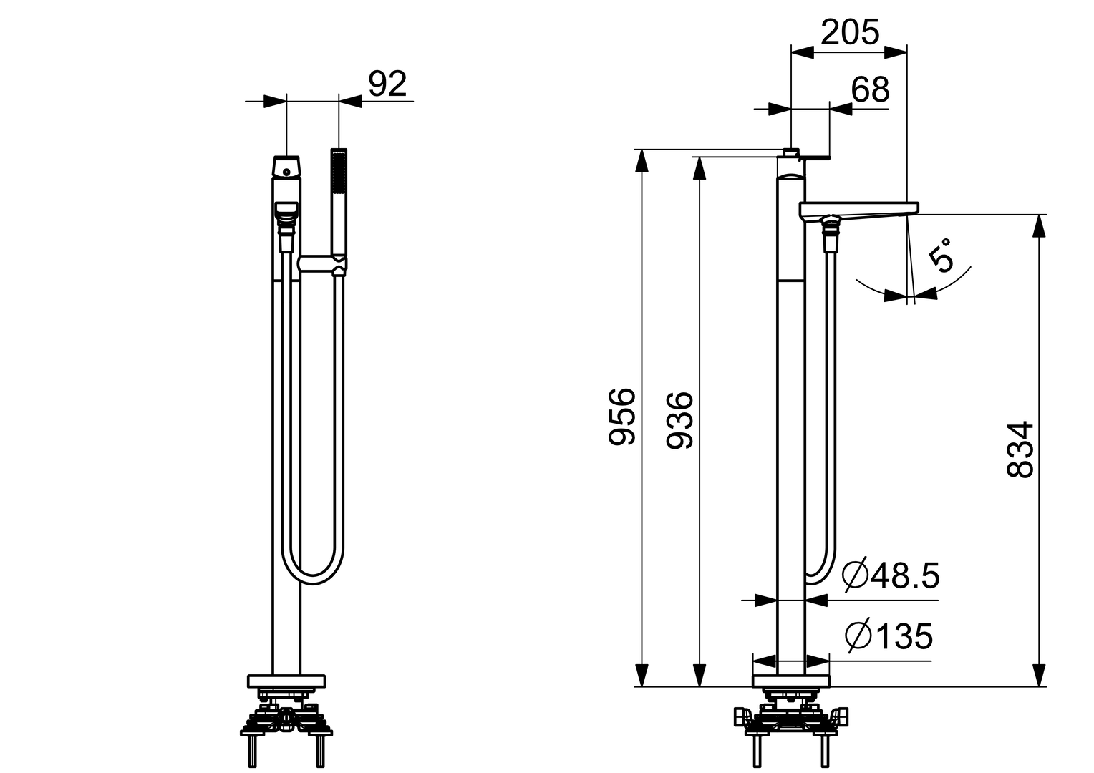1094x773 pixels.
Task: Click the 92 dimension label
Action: (387, 84)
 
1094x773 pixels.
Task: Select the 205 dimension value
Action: (850, 32)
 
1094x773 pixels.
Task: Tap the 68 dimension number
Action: (870, 90)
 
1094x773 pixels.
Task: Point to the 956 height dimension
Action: (621, 417)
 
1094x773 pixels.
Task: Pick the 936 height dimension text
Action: (679, 420)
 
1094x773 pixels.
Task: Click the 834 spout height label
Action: (1020, 449)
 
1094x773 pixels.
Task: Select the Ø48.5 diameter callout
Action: (891, 575)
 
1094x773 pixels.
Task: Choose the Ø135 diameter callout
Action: (889, 636)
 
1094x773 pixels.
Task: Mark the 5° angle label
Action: (941, 254)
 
